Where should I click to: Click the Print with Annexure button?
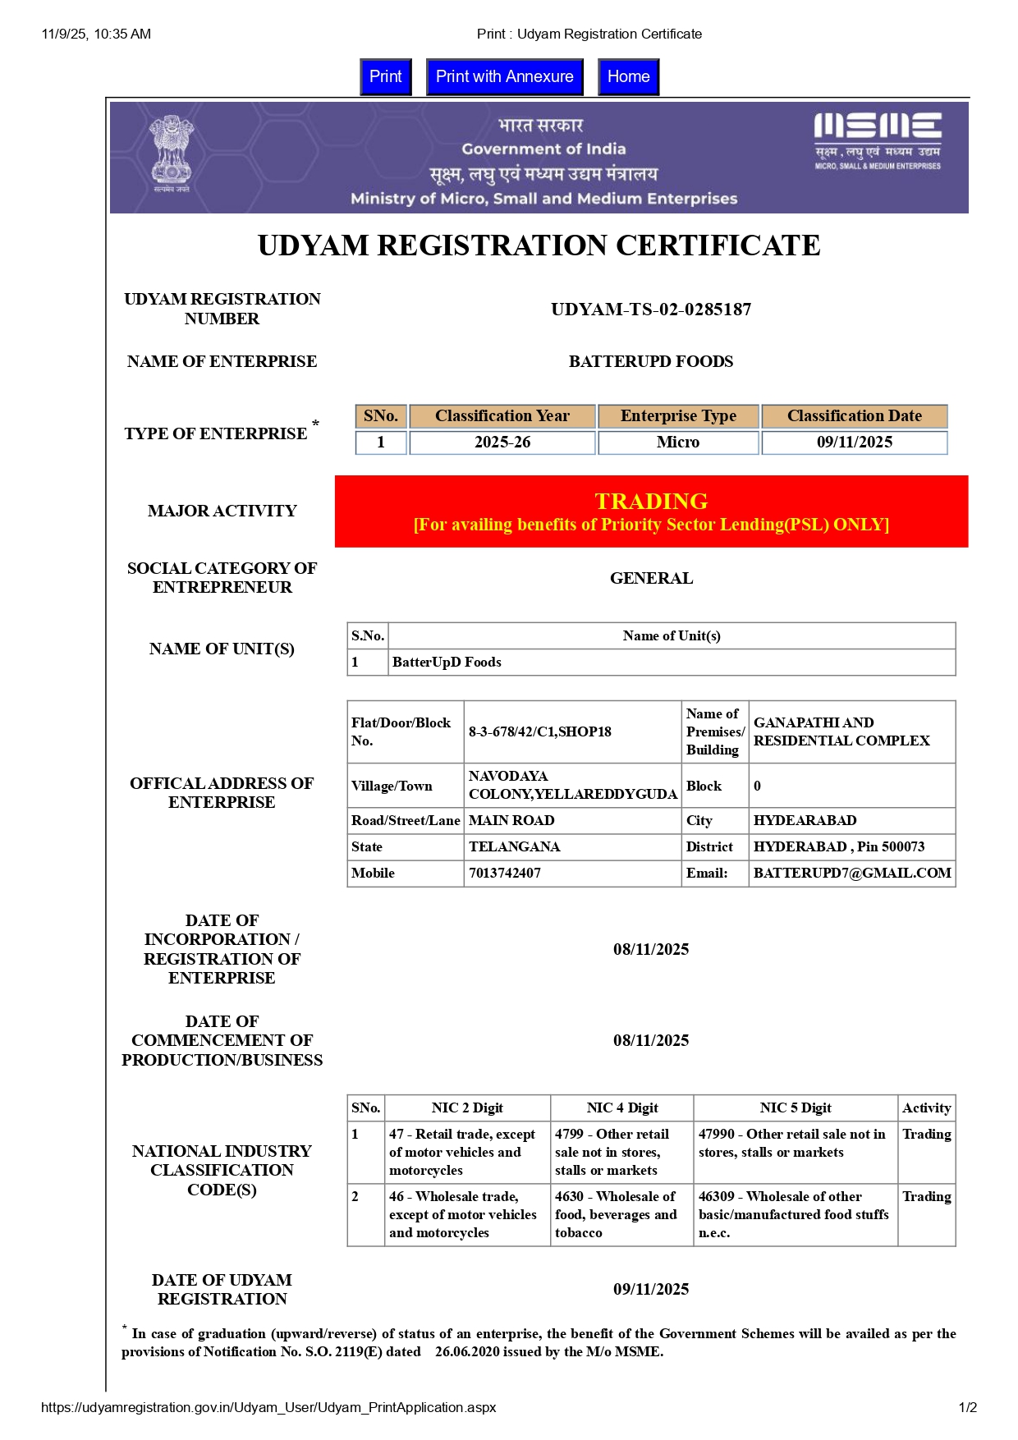[x=504, y=77]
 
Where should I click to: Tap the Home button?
[x=628, y=77]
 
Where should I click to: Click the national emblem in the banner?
[x=171, y=154]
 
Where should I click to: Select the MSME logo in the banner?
[x=878, y=140]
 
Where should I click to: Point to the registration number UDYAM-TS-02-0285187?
[x=651, y=310]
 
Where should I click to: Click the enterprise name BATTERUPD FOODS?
[x=651, y=361]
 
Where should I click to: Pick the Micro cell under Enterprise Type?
[x=678, y=443]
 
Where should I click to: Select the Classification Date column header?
[x=854, y=416]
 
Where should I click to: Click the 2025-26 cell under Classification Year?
[x=502, y=443]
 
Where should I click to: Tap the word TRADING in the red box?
[x=651, y=501]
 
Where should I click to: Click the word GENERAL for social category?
[x=651, y=578]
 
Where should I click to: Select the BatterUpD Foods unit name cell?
[x=447, y=663]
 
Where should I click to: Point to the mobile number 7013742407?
[x=505, y=873]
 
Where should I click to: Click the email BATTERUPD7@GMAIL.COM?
[x=852, y=873]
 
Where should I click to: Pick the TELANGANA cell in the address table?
[x=514, y=846]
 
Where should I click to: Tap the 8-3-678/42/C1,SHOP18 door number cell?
[x=540, y=731]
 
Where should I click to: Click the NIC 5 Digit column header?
[x=796, y=1108]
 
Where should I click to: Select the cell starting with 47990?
[x=792, y=1143]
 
